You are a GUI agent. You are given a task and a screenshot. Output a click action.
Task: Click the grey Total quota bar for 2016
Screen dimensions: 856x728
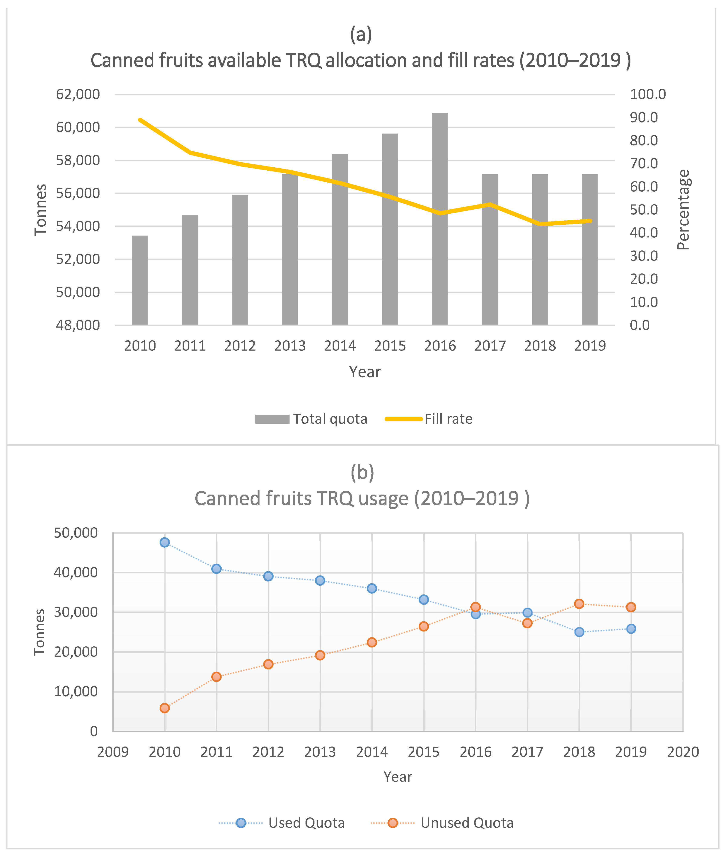click(440, 219)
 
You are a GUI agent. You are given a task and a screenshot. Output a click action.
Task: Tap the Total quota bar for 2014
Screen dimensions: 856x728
click(340, 239)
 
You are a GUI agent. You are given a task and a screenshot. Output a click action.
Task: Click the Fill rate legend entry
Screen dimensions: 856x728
click(429, 419)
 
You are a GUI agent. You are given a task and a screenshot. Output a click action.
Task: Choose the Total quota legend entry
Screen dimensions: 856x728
click(311, 419)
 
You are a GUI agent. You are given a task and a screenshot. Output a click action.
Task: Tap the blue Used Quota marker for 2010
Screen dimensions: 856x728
click(165, 542)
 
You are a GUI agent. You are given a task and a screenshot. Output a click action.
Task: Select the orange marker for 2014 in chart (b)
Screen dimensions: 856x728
click(372, 642)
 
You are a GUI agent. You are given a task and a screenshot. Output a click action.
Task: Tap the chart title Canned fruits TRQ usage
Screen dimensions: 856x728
click(362, 498)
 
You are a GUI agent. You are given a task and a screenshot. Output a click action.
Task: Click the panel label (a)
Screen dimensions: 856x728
click(361, 34)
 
